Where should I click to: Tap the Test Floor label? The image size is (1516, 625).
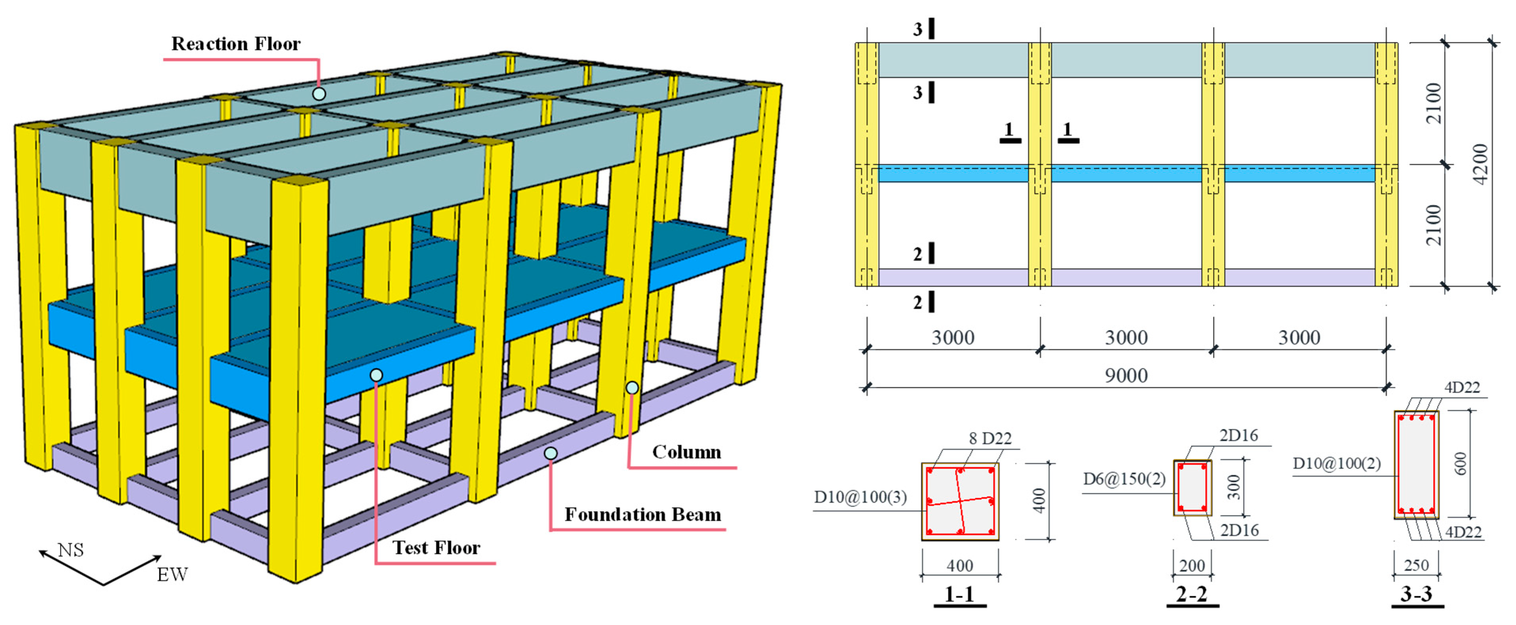(436, 547)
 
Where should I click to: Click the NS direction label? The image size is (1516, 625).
(71, 550)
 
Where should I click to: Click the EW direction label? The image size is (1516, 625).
(172, 574)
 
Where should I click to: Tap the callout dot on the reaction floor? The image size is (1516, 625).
(319, 94)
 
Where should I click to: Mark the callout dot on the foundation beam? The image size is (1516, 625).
(550, 453)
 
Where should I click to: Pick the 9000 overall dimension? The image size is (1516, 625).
(1126, 375)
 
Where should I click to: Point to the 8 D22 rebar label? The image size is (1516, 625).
(990, 438)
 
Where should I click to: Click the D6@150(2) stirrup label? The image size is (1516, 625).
(1124, 479)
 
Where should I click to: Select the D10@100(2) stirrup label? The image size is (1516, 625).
(1336, 463)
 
